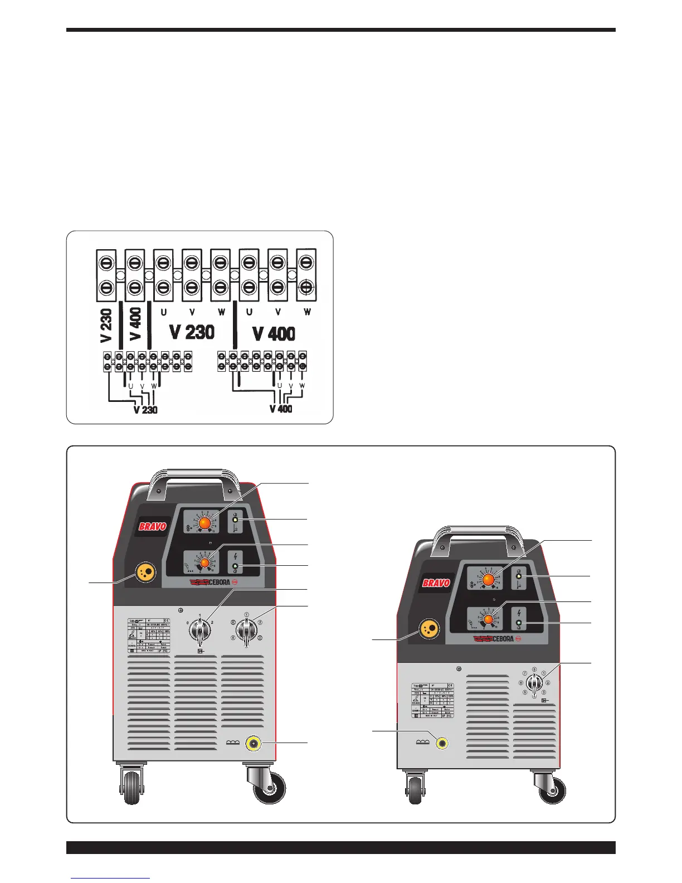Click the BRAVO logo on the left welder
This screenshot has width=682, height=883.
click(x=153, y=526)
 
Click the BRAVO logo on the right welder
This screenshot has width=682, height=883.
click(x=436, y=583)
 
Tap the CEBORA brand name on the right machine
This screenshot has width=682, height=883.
click(x=495, y=638)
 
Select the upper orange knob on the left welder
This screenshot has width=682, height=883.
click(x=204, y=523)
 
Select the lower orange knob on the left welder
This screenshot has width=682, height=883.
click(x=204, y=563)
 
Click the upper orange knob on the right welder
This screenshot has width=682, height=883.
click(x=488, y=580)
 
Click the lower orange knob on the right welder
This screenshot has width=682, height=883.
click(x=489, y=619)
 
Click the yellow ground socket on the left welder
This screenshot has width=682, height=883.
click(x=254, y=743)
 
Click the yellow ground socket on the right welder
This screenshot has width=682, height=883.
click(x=442, y=743)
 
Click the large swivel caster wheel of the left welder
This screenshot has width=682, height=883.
click(x=270, y=787)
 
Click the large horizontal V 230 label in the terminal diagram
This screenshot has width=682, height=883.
click(x=192, y=332)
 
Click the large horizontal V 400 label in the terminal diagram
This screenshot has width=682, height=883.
click(x=274, y=333)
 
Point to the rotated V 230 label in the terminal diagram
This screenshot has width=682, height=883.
click(x=106, y=325)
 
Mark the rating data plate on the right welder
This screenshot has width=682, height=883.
click(x=432, y=700)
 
